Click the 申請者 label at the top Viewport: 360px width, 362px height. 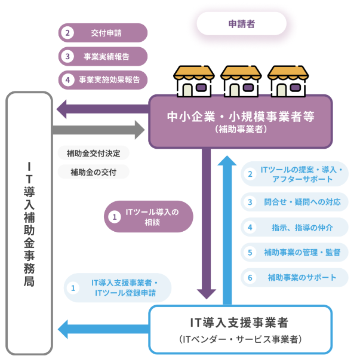tap(241, 24)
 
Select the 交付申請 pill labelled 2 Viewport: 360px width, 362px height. tap(103, 33)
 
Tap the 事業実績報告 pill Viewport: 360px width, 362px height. tap(103, 56)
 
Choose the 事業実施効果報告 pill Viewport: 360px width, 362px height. tap(103, 79)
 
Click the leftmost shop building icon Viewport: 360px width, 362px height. tap(193, 81)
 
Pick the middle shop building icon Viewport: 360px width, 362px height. tap(241, 81)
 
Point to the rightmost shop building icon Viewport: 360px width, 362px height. tap(288, 81)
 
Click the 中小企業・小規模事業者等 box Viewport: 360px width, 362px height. tap(240, 121)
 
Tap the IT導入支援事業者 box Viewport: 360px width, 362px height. tap(240, 329)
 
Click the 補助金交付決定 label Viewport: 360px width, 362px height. tap(93, 154)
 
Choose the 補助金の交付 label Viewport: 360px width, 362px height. tap(93, 173)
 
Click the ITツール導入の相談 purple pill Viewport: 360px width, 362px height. tap(149, 217)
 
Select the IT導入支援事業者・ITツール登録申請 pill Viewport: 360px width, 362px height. tap(118, 288)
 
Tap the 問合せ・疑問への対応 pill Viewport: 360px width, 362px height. tap(294, 202)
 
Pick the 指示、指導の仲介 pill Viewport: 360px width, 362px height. tap(294, 227)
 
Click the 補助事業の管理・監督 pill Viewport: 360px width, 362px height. tap(294, 252)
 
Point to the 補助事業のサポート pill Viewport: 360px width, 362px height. tap(294, 277)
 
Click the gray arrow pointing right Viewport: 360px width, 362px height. tap(99, 129)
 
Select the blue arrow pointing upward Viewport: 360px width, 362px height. tap(227, 227)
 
